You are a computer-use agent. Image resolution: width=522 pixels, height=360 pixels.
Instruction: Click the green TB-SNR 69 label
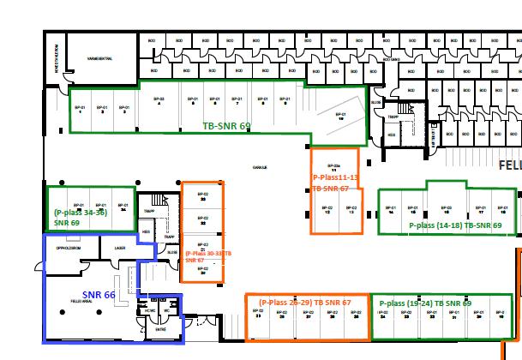(x=226, y=125)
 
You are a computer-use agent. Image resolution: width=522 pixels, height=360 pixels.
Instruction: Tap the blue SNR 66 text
(x=98, y=295)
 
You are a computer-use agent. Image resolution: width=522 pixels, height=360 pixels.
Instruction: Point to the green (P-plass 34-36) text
(x=80, y=212)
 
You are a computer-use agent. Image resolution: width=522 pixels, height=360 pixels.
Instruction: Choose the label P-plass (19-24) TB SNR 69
(x=424, y=303)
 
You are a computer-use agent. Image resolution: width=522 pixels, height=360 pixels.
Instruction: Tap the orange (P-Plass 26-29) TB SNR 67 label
(x=305, y=303)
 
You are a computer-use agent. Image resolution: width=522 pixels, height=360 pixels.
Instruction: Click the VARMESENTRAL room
(x=100, y=59)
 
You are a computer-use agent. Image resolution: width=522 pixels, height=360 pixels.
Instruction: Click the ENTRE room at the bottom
(x=160, y=328)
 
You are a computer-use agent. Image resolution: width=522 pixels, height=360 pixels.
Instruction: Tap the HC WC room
(x=151, y=310)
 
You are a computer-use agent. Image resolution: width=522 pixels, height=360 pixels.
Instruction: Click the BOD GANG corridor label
(x=395, y=60)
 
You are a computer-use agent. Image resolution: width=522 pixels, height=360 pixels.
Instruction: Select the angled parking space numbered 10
(x=340, y=117)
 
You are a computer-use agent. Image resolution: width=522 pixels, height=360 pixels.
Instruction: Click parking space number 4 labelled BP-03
(x=158, y=102)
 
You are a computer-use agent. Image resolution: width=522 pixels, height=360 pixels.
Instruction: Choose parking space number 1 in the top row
(x=80, y=109)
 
